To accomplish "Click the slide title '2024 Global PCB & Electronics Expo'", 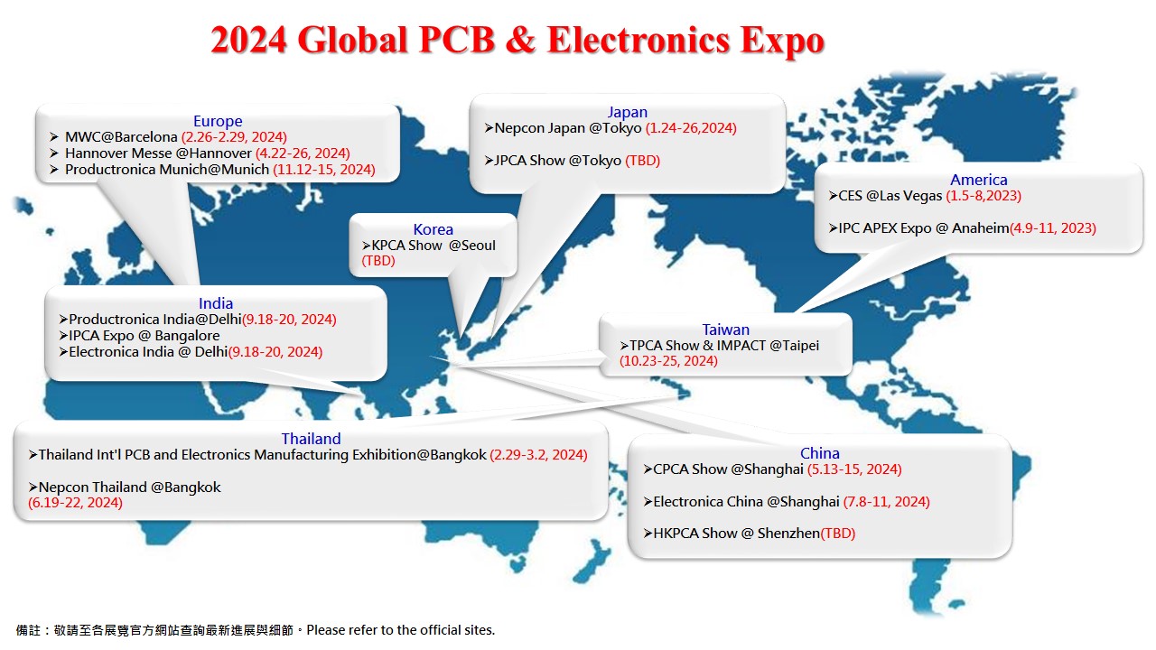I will point(517,41).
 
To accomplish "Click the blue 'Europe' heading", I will point(218,121).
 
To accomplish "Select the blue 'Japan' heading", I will point(627,112).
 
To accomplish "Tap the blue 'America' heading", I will point(978,180).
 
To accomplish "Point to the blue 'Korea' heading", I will point(433,229).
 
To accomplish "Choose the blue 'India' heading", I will point(216,303).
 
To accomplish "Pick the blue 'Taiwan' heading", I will point(725,330).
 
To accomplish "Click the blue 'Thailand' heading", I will point(311,439).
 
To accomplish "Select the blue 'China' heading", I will point(819,453).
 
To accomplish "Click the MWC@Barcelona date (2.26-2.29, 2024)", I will point(234,137).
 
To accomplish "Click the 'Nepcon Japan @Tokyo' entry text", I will point(567,128).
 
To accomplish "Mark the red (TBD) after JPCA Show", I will point(643,161).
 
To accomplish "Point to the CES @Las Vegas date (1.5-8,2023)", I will point(984,196).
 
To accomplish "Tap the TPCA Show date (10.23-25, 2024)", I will point(668,361).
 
